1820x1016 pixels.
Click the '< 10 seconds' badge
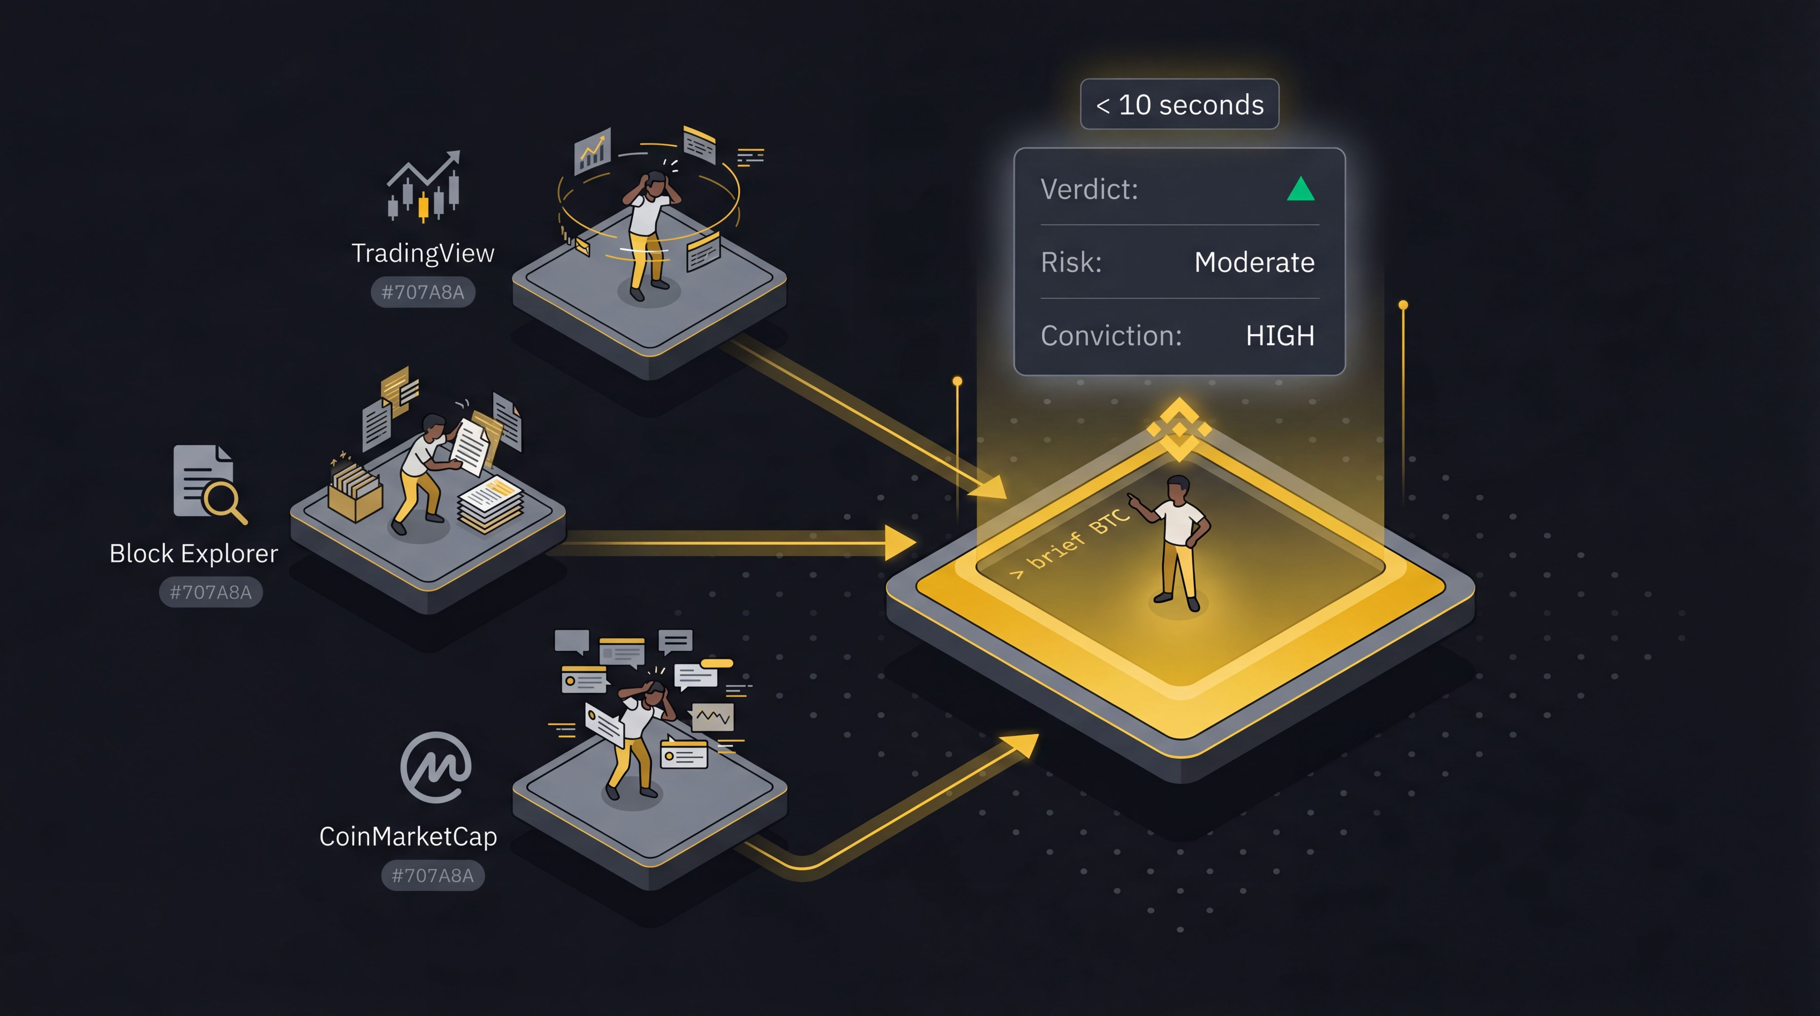pyautogui.click(x=1179, y=105)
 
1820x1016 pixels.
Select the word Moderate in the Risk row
pyautogui.click(x=1254, y=262)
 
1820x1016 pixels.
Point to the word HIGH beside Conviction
pyautogui.click(x=1279, y=336)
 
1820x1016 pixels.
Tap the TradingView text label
pyautogui.click(x=423, y=253)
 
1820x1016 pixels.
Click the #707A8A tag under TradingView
pyautogui.click(x=423, y=292)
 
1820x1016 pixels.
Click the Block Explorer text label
pyautogui.click(x=193, y=553)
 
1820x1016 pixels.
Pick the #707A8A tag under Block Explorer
pyautogui.click(x=211, y=592)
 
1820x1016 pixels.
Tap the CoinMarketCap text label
pyautogui.click(x=408, y=836)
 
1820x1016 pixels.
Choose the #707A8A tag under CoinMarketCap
pyautogui.click(x=433, y=875)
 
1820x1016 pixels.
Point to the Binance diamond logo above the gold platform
pyautogui.click(x=1179, y=429)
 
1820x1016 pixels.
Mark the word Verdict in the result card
pyautogui.click(x=1089, y=190)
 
